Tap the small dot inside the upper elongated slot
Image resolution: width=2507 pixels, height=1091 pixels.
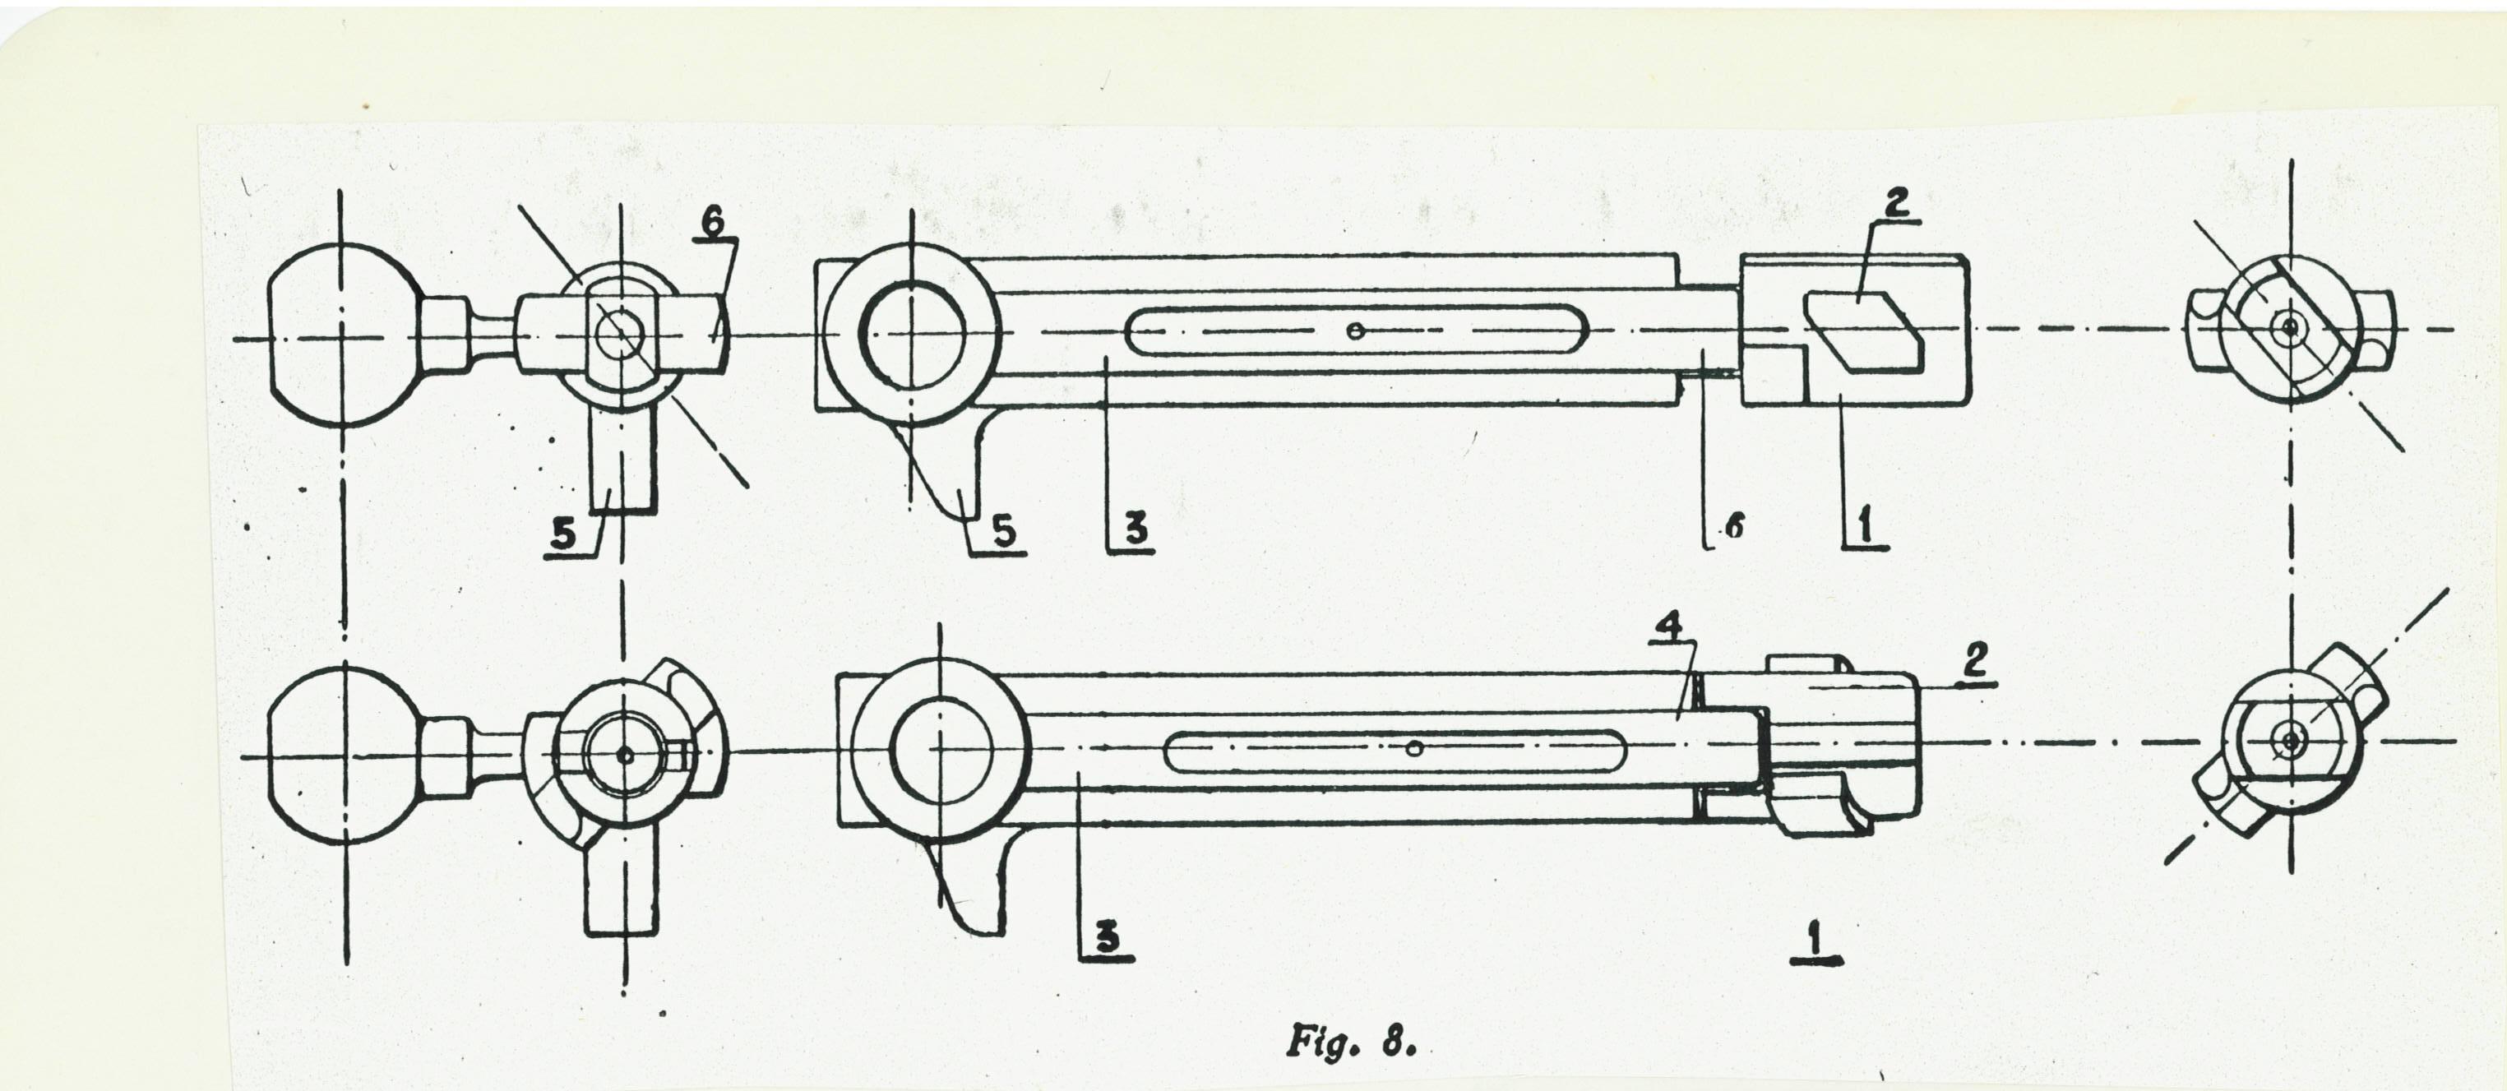(x=1353, y=331)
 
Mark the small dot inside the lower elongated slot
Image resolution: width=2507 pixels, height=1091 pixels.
(x=1417, y=748)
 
